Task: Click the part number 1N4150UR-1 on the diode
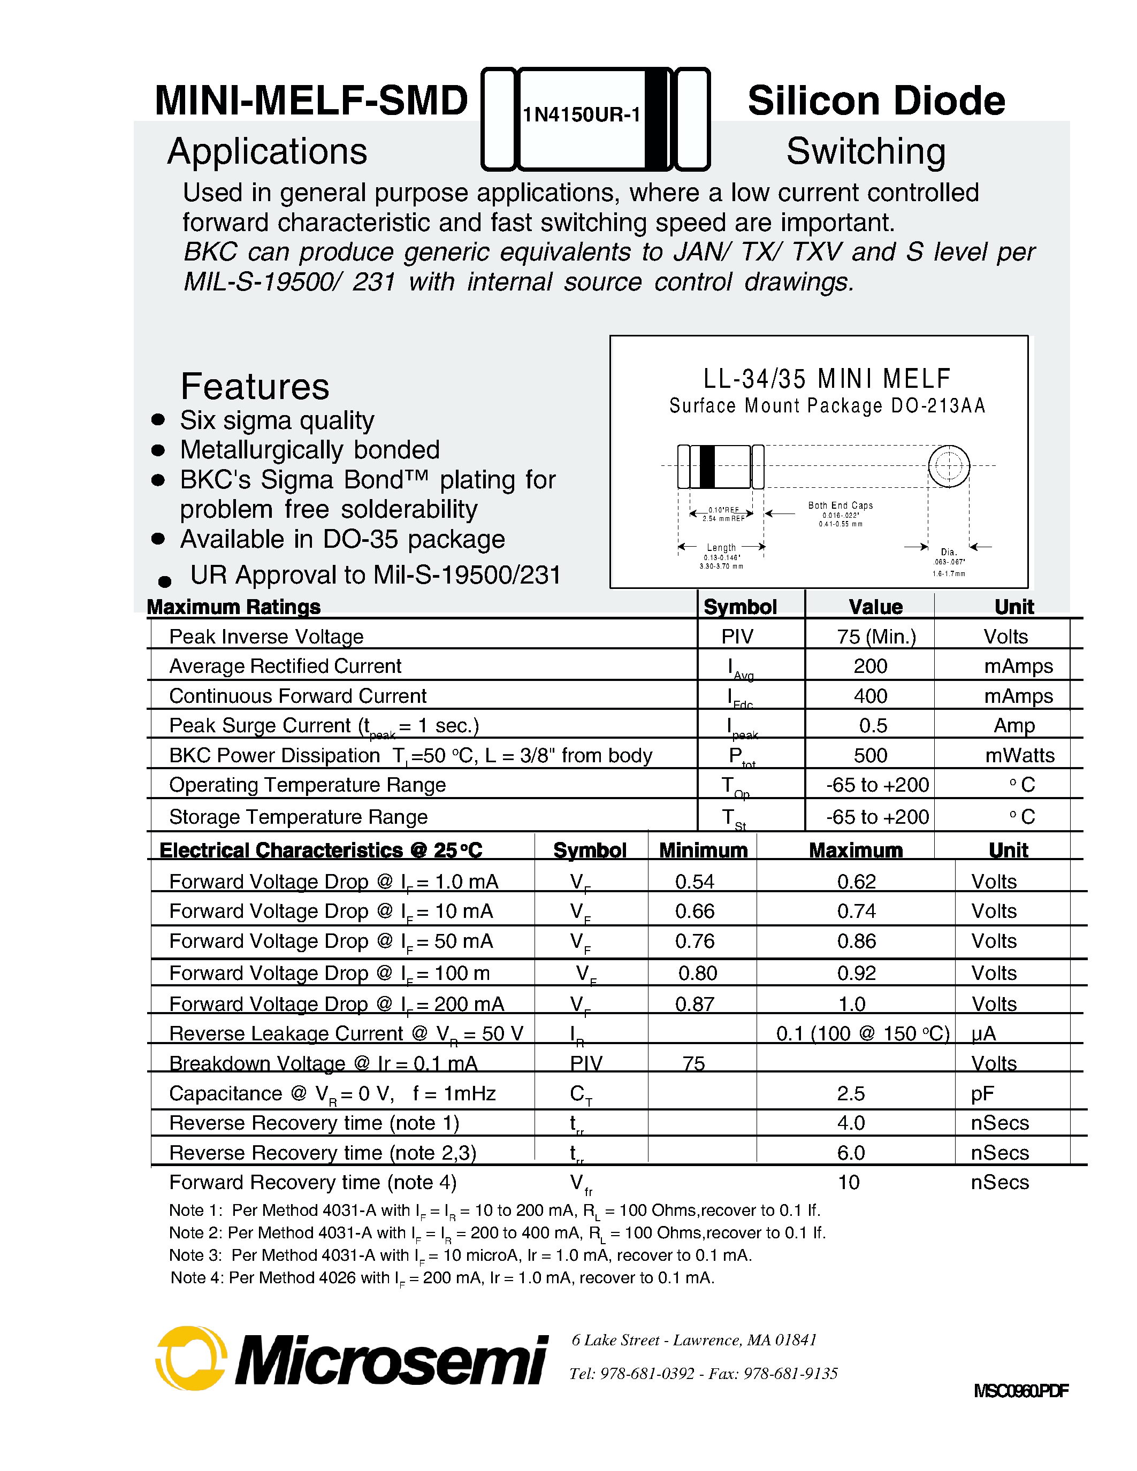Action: (x=581, y=115)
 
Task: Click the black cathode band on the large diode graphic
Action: (x=655, y=119)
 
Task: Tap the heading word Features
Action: (x=255, y=387)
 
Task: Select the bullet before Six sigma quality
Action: (x=158, y=419)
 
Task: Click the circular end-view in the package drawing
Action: (x=949, y=465)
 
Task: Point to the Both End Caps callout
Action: (x=840, y=505)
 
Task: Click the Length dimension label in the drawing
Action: (x=721, y=548)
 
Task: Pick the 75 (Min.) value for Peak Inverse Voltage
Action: (x=876, y=637)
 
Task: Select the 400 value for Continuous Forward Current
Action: (x=870, y=696)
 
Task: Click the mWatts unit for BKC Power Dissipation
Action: (x=1019, y=756)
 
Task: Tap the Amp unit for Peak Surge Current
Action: (x=1014, y=726)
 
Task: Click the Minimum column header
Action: (x=703, y=850)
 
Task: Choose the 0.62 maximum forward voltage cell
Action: (x=856, y=882)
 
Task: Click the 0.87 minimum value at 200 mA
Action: (x=695, y=1004)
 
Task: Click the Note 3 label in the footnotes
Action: (x=195, y=1255)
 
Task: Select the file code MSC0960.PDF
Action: (x=1020, y=1391)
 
